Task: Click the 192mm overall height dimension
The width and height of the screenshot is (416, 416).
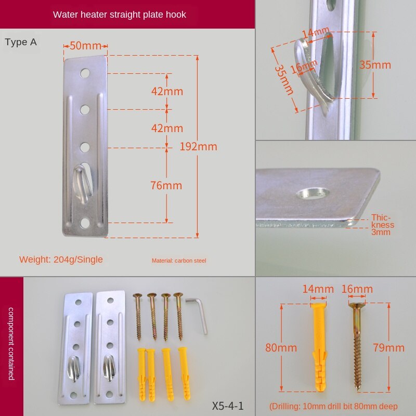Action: click(198, 147)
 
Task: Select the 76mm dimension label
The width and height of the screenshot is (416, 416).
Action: click(166, 186)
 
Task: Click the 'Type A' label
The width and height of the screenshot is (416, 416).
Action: click(21, 42)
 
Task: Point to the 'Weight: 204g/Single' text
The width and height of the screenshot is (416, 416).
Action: click(61, 259)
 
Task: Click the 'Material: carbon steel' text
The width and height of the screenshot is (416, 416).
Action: click(179, 261)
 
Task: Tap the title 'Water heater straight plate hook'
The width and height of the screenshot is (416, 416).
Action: click(120, 15)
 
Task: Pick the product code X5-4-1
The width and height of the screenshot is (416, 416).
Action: click(228, 406)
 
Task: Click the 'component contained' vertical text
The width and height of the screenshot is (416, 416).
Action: click(11, 343)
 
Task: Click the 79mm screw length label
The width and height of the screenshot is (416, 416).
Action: click(388, 348)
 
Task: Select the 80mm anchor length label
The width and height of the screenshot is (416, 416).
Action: click(281, 348)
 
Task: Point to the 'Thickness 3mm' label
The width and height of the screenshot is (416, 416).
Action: click(383, 225)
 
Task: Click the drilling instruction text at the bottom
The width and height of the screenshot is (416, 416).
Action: click(333, 407)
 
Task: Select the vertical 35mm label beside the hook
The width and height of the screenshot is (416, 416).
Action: click(375, 65)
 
